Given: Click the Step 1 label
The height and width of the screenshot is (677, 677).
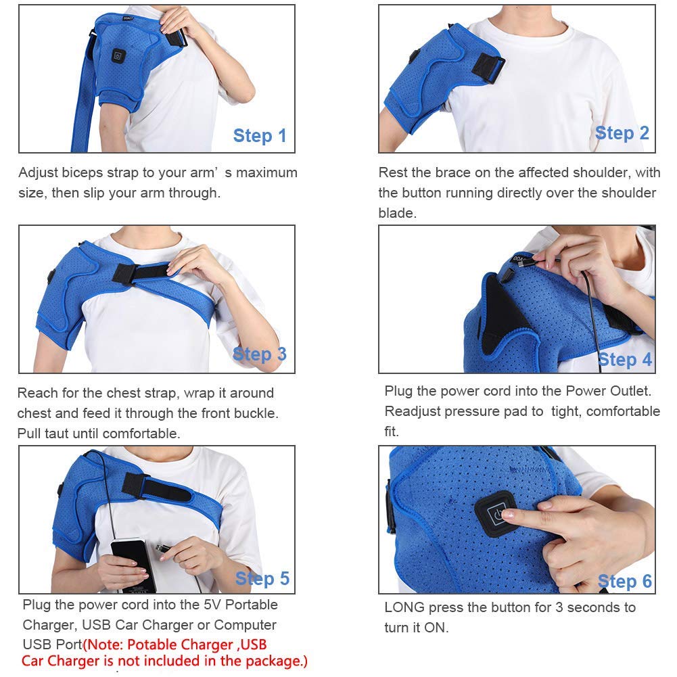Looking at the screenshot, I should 260,136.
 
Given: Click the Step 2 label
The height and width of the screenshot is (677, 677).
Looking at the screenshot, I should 622,133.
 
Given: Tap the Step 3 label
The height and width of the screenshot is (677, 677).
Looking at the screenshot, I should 260,354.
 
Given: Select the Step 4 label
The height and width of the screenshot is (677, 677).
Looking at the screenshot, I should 625,360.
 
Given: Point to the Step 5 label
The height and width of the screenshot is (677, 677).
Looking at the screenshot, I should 262,579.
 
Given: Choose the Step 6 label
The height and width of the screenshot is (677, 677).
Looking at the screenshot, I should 625,582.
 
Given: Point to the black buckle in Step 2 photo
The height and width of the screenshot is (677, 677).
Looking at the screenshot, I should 488,68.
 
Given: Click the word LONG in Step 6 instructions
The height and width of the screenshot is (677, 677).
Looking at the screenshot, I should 403,607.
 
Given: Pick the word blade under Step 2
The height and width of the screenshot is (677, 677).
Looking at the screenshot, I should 396,213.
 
